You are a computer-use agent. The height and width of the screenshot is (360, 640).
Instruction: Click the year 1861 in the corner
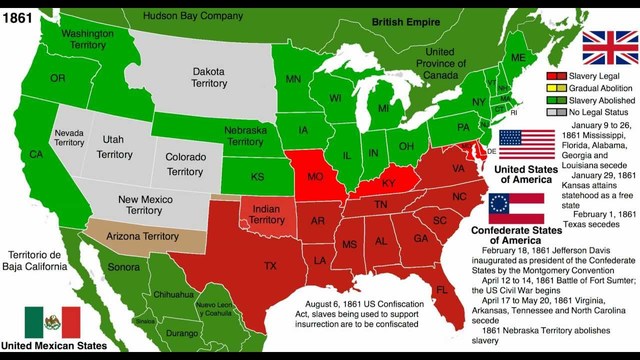19,11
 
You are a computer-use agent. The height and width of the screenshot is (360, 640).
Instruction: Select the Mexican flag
51,321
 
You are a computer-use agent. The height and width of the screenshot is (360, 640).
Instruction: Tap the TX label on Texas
270,266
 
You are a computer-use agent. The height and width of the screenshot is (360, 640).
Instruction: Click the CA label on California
36,155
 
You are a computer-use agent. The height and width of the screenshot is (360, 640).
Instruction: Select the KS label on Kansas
257,176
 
